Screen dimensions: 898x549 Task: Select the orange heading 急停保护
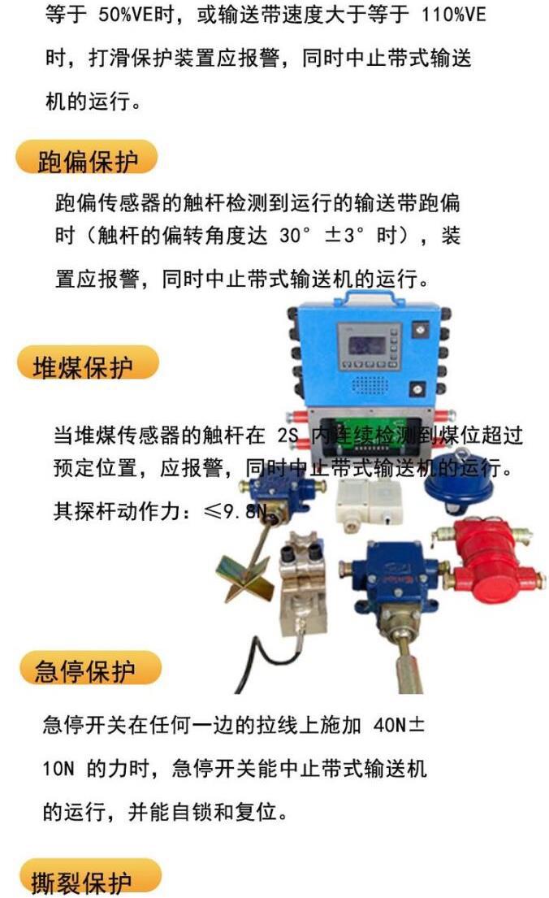click(86, 670)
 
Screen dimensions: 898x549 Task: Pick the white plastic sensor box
click(367, 497)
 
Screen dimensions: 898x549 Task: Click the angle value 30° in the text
click(298, 236)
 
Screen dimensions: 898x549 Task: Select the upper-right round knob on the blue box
click(420, 331)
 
